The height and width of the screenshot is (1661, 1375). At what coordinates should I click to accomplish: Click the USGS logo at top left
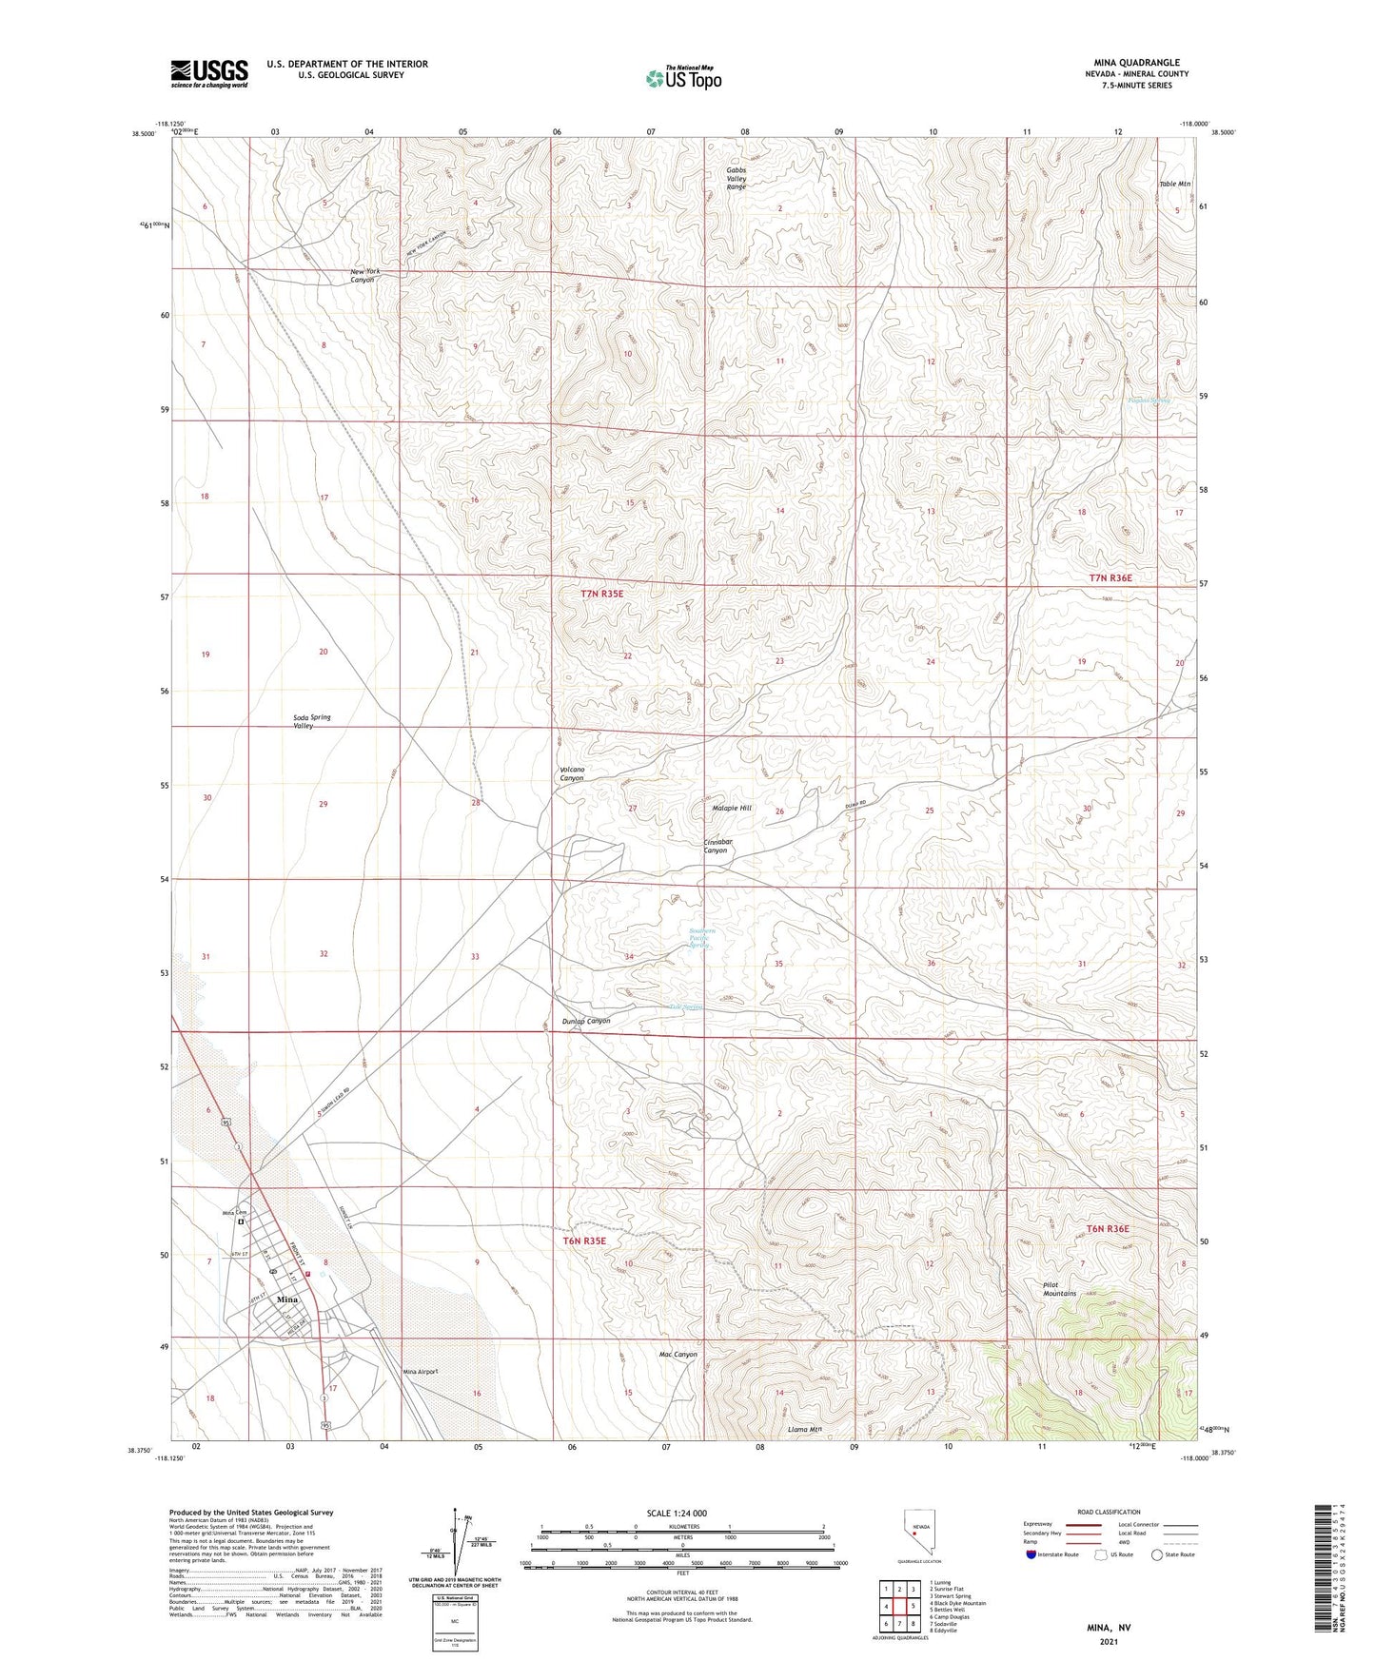point(209,73)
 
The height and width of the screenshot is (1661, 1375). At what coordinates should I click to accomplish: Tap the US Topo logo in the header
point(682,77)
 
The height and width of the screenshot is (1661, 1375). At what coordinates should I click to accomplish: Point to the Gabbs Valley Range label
point(737,179)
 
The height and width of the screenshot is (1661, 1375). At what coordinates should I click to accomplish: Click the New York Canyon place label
point(364,276)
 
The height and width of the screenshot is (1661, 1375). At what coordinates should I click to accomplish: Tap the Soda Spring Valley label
point(312,721)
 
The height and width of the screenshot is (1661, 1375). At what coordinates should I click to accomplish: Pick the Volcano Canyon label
point(572,773)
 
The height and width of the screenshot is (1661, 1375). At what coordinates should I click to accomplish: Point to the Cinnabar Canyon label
point(716,846)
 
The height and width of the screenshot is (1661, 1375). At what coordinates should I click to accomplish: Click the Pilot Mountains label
point(1059,1289)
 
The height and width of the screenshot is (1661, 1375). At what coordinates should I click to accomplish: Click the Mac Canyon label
point(678,1354)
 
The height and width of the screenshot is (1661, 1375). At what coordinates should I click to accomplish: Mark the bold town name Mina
point(286,1299)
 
